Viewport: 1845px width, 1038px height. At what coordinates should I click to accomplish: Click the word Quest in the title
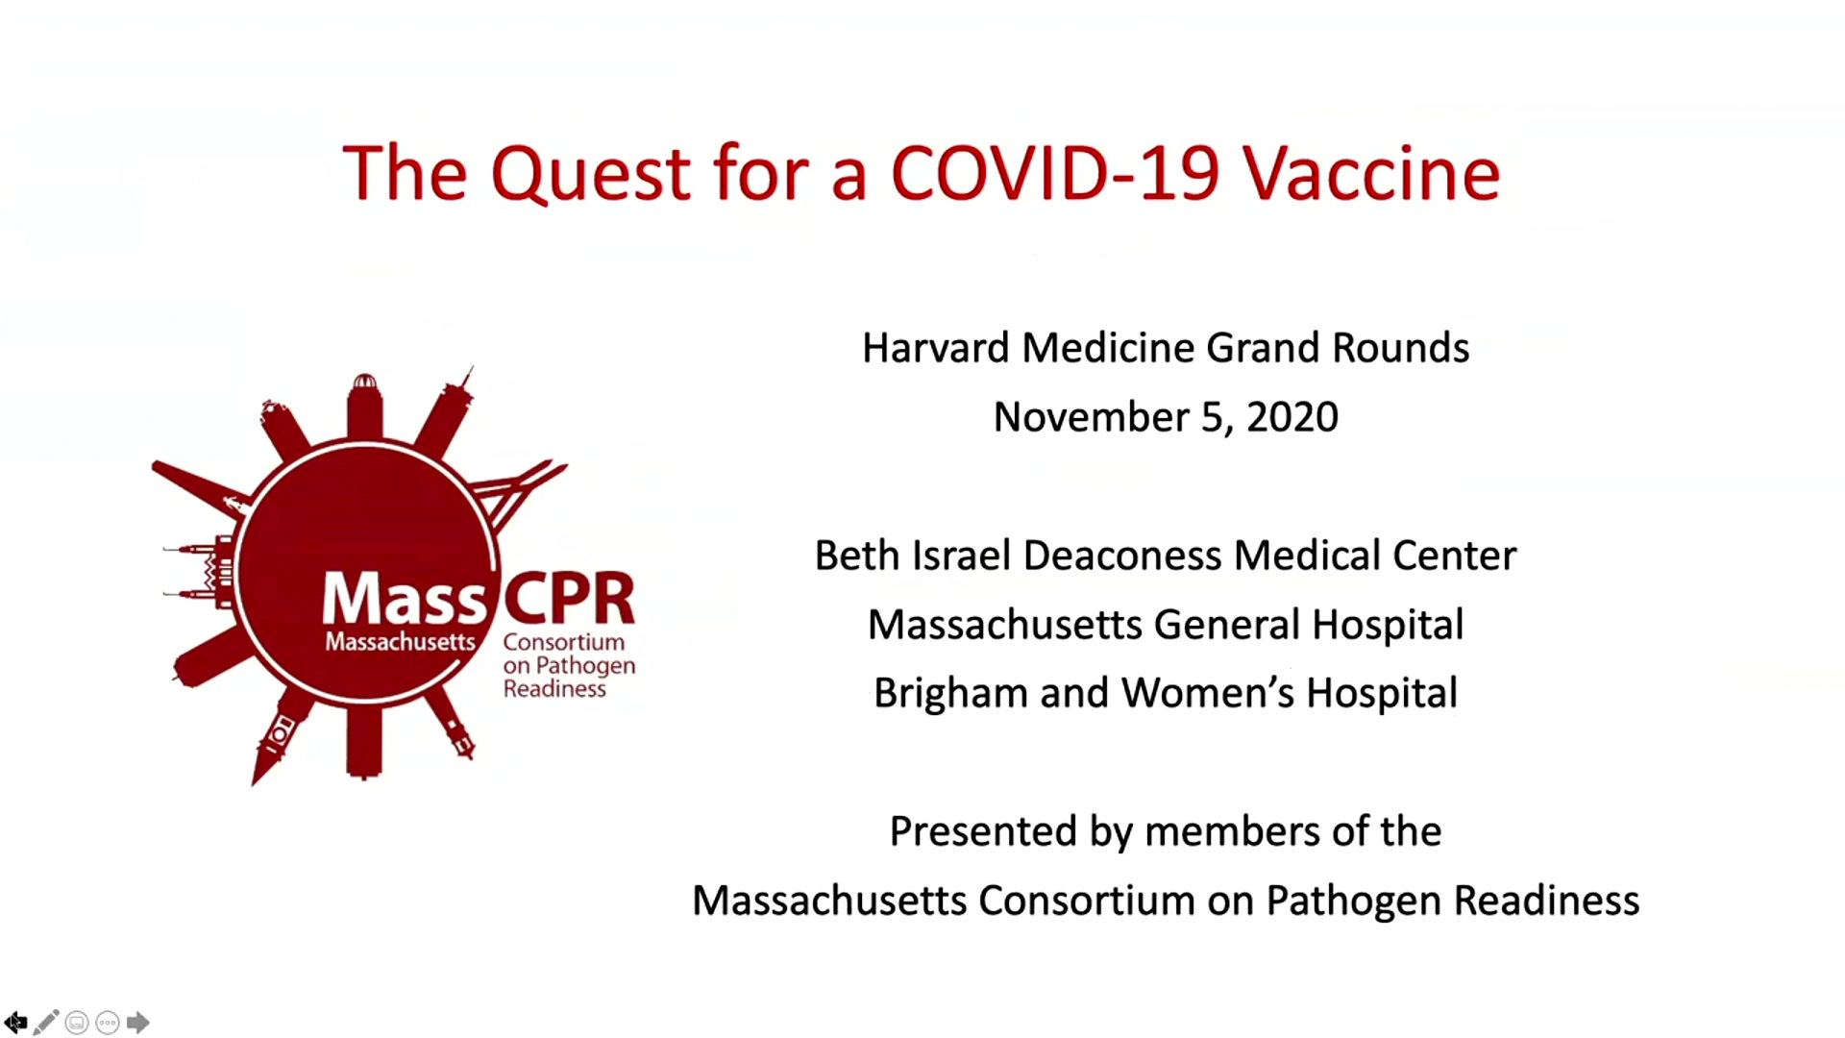590,174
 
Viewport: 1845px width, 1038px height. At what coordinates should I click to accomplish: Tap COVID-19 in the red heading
1054,174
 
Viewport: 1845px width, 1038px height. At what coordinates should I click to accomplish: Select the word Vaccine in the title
1371,174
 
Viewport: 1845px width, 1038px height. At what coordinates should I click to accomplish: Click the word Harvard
935,348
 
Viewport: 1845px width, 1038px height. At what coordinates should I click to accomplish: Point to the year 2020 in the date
1292,417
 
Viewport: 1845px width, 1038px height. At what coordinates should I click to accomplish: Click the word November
1091,417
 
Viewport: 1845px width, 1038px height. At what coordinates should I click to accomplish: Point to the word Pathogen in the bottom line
1353,901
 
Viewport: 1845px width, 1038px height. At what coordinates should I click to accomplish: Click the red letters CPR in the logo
569,599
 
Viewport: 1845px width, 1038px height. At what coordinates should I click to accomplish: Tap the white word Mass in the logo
405,599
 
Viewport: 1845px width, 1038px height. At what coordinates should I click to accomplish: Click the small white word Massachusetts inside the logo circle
400,641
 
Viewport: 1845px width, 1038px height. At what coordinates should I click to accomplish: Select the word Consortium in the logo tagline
563,642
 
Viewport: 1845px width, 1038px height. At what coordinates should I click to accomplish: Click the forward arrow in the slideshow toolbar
138,1023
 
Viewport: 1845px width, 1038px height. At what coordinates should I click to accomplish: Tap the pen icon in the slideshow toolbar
46,1023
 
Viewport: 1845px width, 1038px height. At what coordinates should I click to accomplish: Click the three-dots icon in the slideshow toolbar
108,1023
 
